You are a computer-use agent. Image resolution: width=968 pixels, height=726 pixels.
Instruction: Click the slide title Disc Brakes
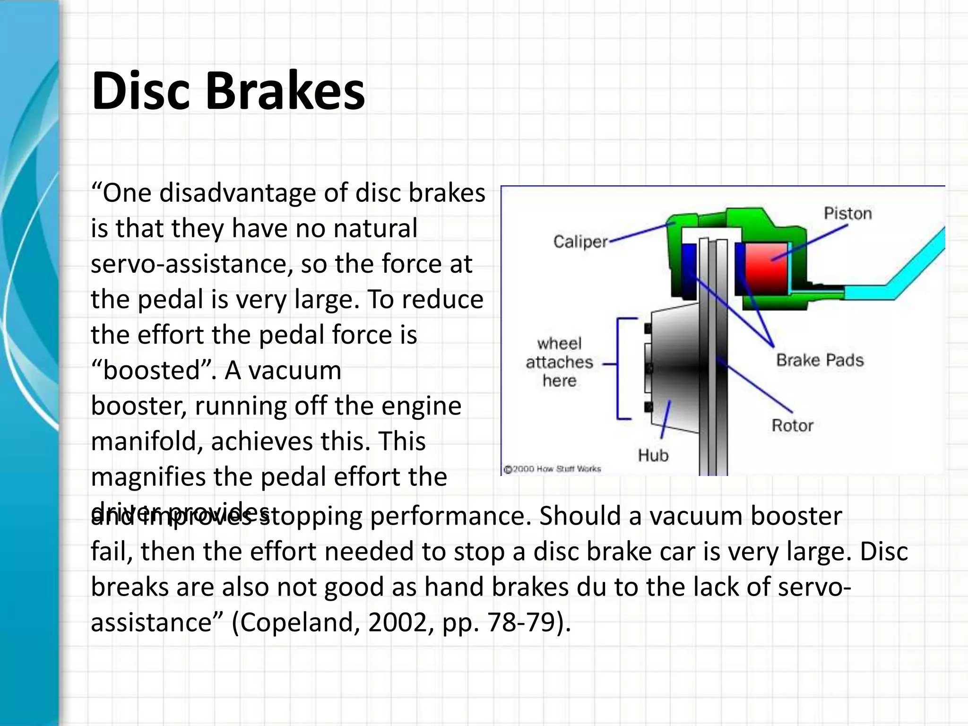pyautogui.click(x=228, y=91)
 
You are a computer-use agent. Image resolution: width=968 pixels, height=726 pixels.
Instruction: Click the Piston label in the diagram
pyautogui.click(x=847, y=214)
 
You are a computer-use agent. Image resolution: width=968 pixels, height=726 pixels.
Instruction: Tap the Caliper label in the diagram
pyautogui.click(x=580, y=242)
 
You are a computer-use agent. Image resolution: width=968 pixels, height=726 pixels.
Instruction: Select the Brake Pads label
pyautogui.click(x=820, y=360)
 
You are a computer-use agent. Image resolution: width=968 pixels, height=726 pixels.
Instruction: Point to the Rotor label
pyautogui.click(x=792, y=425)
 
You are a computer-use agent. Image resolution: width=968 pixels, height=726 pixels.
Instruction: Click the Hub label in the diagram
pyautogui.click(x=653, y=456)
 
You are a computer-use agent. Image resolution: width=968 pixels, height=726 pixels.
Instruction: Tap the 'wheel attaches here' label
pyautogui.click(x=559, y=362)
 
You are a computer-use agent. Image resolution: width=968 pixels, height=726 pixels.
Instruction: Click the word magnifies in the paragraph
pyautogui.click(x=148, y=477)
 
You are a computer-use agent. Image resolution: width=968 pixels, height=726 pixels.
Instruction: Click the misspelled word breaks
pyautogui.click(x=129, y=587)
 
